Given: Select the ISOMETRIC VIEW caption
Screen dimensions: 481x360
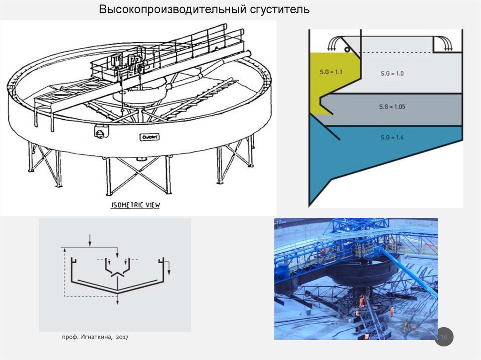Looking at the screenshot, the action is pyautogui.click(x=136, y=205).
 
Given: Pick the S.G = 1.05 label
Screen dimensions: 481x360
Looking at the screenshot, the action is pyautogui.click(x=392, y=107).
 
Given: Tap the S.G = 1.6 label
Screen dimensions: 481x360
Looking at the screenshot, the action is pyautogui.click(x=392, y=137).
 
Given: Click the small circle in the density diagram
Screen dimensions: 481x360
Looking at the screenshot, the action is pyautogui.click(x=346, y=48).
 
